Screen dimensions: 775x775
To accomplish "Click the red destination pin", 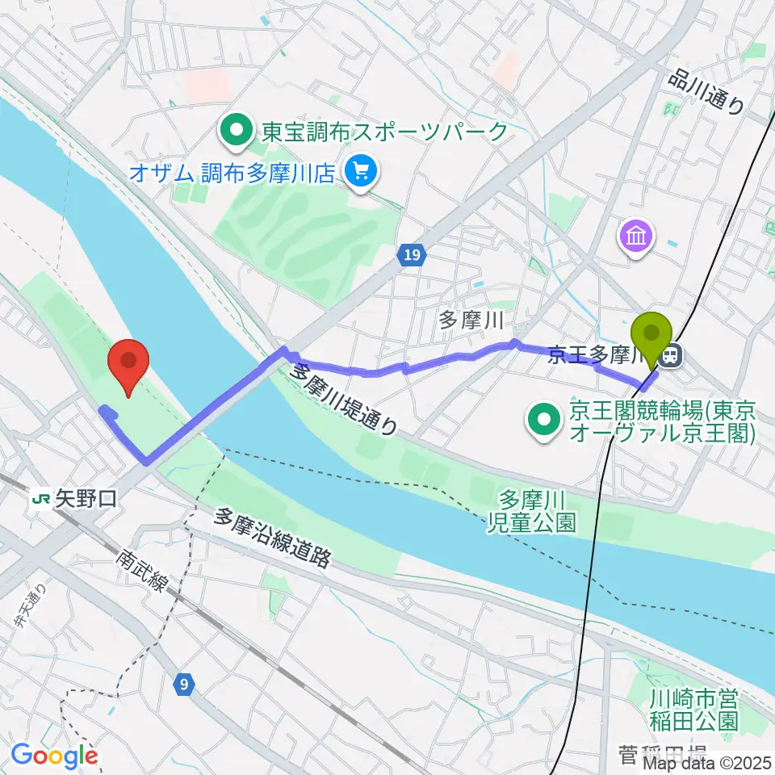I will (x=129, y=365).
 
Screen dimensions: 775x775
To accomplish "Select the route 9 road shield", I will (x=185, y=685).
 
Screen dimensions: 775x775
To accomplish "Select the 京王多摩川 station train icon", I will (x=670, y=355).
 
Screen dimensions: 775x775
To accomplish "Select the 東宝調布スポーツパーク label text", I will (x=383, y=131).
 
